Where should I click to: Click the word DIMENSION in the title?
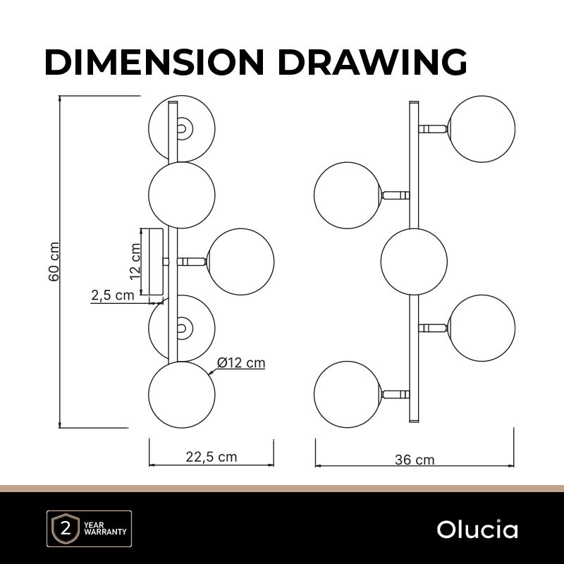pyautogui.click(x=154, y=61)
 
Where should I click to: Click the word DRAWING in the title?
pyautogui.click(x=373, y=61)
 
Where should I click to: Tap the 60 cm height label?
pyautogui.click(x=54, y=262)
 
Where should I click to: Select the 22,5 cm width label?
pyautogui.click(x=211, y=457)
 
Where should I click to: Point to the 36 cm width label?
pyautogui.click(x=415, y=460)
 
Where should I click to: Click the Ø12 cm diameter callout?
pyautogui.click(x=241, y=362)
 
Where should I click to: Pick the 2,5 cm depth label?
pyautogui.click(x=113, y=295)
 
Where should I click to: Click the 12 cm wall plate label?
pyautogui.click(x=135, y=262)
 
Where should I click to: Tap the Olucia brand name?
pyautogui.click(x=477, y=529)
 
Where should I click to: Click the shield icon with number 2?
pyautogui.click(x=66, y=529)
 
